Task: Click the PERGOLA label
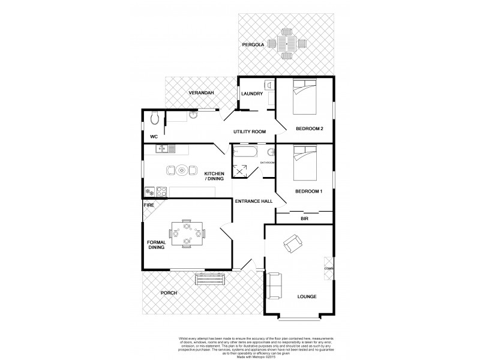point(253,45)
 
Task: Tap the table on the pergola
point(287,43)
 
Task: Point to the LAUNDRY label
point(251,94)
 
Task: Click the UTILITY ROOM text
point(249,131)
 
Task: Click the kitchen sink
point(164,148)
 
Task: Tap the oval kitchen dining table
point(181,171)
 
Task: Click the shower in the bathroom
point(241,170)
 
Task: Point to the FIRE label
point(148,205)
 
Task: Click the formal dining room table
point(187,233)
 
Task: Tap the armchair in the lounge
point(293,243)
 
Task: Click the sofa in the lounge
point(275,286)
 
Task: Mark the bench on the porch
point(211,279)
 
